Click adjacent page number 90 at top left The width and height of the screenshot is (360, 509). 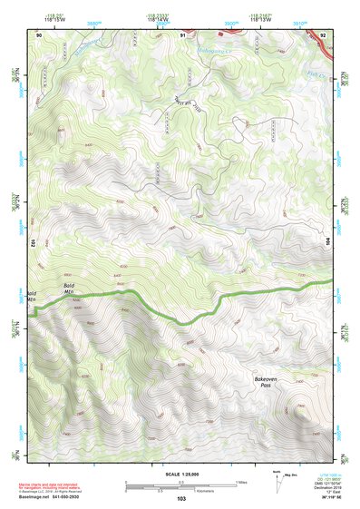[39, 34]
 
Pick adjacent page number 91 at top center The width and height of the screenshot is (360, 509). [182, 34]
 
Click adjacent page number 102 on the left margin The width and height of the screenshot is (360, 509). [32, 243]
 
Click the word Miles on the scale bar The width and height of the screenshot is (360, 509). [242, 481]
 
